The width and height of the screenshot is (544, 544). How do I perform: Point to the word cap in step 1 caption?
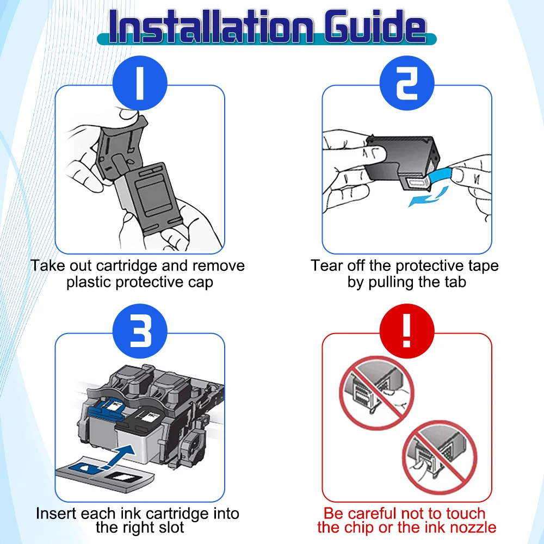click(x=201, y=283)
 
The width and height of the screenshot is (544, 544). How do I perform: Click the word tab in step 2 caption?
click(x=454, y=283)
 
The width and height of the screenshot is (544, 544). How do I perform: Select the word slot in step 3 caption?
click(x=170, y=527)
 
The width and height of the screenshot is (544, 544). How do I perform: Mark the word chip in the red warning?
click(x=359, y=527)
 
